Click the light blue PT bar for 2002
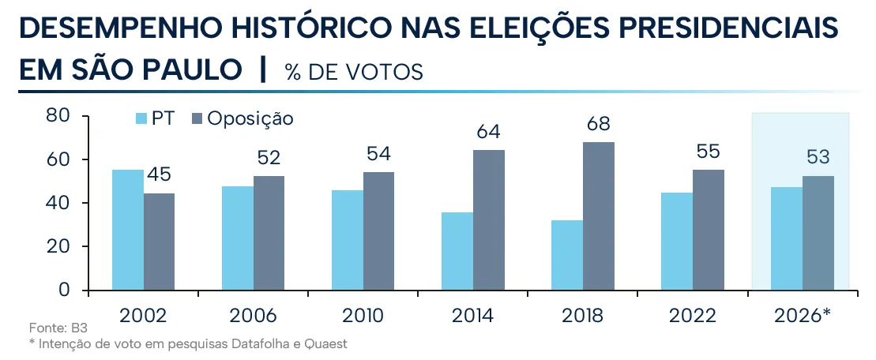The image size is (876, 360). point(128,230)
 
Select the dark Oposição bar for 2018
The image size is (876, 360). point(598,216)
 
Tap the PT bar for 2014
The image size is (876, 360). point(457,251)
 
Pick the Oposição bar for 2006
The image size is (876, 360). point(269,234)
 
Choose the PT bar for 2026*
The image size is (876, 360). point(787,239)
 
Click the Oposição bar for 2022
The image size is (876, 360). point(709,230)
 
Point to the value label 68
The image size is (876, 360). point(598,124)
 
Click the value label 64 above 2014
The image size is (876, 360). point(488,132)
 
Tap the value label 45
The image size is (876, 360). point(159,174)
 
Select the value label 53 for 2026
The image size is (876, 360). point(818,157)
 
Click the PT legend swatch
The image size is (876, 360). point(141,119)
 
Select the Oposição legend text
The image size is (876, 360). point(250,119)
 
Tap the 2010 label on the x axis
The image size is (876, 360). point(363,316)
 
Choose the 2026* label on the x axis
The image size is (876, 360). point(803,316)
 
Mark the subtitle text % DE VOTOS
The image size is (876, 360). point(354,72)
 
